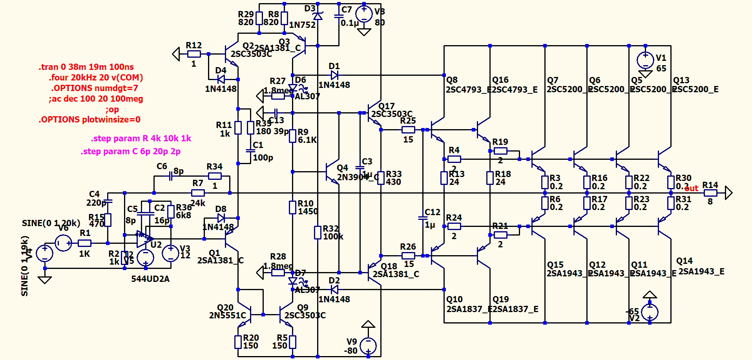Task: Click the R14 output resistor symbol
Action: tap(710, 193)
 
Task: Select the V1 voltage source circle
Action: tap(645, 60)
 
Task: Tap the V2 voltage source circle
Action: tap(650, 312)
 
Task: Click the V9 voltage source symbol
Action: tap(368, 346)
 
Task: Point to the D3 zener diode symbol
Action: tap(318, 16)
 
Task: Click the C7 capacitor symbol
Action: tap(339, 16)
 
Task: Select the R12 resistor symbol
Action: tap(193, 54)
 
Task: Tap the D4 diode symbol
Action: tap(221, 79)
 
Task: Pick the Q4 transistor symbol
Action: tap(332, 172)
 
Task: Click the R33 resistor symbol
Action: tap(381, 178)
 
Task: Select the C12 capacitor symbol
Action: tap(423, 218)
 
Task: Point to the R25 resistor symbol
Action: tap(408, 130)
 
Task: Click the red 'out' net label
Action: tap(691, 188)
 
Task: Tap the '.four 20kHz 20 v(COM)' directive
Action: tap(96, 77)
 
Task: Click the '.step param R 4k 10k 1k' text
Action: tap(141, 138)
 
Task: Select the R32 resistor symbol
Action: tap(318, 232)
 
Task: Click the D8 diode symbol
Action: tap(221, 218)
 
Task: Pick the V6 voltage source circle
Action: tap(63, 243)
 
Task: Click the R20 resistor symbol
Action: tap(238, 342)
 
